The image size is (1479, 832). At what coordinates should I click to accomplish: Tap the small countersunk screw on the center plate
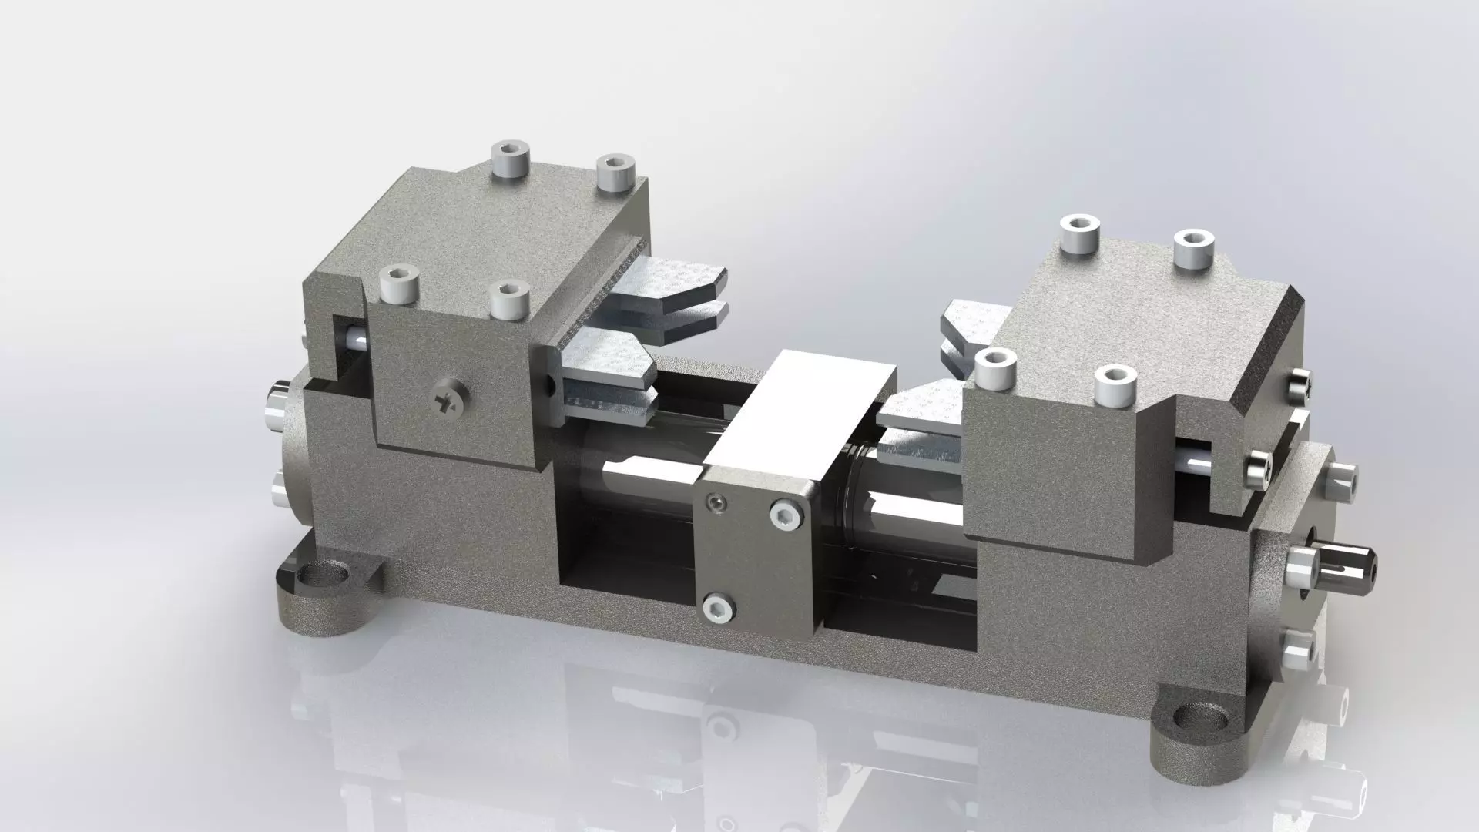(717, 504)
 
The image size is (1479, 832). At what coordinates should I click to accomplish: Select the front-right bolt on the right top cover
(1113, 384)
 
